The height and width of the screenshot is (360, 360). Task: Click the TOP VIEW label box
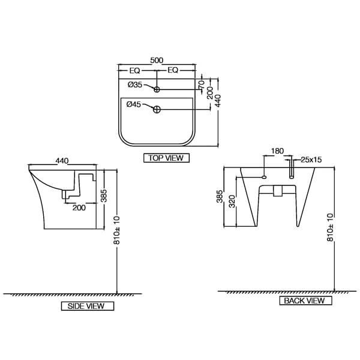166,158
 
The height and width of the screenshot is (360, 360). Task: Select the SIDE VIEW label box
87,306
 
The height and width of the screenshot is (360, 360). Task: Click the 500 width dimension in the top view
157,61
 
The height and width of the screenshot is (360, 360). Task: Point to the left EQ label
135,70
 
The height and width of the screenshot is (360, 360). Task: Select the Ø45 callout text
134,104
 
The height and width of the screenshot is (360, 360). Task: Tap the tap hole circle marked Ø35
157,89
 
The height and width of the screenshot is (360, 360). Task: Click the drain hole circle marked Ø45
157,109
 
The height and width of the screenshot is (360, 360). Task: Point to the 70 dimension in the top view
202,83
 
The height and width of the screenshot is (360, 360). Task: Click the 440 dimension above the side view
62,161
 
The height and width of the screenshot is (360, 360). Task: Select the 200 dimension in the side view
79,207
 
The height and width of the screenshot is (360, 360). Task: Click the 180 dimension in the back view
277,151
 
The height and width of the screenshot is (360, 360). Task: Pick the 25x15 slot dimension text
311,160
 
